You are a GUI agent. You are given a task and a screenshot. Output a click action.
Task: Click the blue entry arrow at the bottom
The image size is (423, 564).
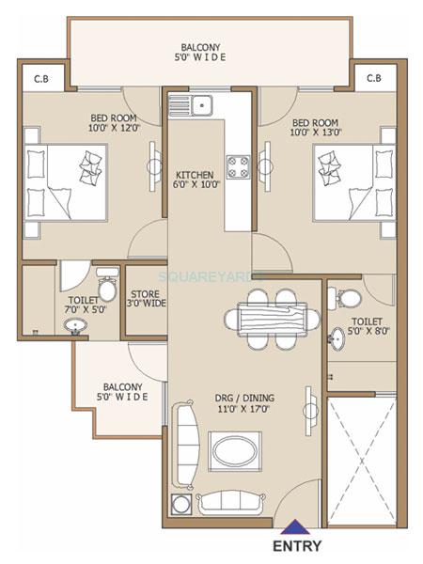pos(296,527)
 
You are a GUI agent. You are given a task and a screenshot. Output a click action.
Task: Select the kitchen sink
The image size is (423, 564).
pos(201,104)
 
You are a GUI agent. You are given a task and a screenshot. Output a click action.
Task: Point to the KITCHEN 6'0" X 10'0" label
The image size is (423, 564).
pos(195,180)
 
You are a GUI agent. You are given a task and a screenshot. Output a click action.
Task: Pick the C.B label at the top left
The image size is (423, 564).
pos(41,77)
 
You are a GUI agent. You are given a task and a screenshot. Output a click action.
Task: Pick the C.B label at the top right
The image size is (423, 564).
pos(373,77)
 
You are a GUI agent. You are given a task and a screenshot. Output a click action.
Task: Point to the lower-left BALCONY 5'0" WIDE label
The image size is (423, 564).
pos(123,392)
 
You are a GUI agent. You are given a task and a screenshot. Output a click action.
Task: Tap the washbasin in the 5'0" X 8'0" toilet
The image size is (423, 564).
pos(337,338)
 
